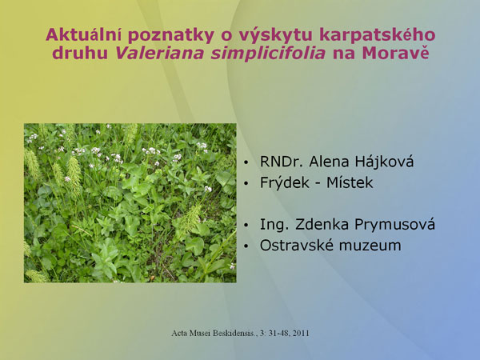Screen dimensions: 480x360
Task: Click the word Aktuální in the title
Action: (83, 34)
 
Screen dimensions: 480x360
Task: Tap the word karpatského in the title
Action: (377, 36)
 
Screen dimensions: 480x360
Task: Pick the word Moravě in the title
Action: (395, 53)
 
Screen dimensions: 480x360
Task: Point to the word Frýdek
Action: (285, 182)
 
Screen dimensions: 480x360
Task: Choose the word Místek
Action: (350, 182)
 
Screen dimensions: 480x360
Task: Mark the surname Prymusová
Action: (394, 225)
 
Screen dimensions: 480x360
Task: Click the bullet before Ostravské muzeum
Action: (246, 246)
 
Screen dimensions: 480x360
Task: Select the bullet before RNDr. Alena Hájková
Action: (246, 162)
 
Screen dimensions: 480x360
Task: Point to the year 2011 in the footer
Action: (301, 333)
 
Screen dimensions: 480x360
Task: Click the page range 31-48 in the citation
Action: (278, 333)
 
